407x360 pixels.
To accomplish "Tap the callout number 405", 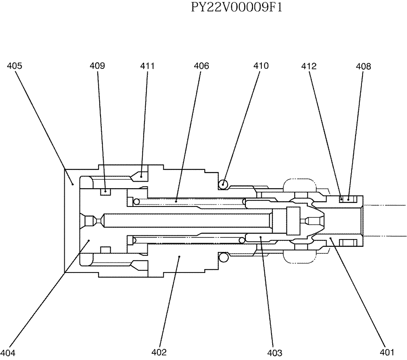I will [15, 66].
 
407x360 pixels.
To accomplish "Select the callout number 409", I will [98, 66].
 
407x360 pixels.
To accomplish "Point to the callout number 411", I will [147, 66].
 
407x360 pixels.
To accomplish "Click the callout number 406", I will [201, 66].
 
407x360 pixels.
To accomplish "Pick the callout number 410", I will [261, 66].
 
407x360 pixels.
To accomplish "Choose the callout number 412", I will [309, 66].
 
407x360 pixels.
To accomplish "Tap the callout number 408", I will [363, 66].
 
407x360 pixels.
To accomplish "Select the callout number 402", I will [159, 352].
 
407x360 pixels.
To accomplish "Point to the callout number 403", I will [275, 352].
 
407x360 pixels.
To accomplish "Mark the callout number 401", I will [387, 352].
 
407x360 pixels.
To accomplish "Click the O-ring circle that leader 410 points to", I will [223, 184].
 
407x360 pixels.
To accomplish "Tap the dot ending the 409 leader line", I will [105, 191].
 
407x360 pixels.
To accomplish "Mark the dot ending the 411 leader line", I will [141, 176].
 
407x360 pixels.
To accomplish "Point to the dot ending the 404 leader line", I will [89, 241].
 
